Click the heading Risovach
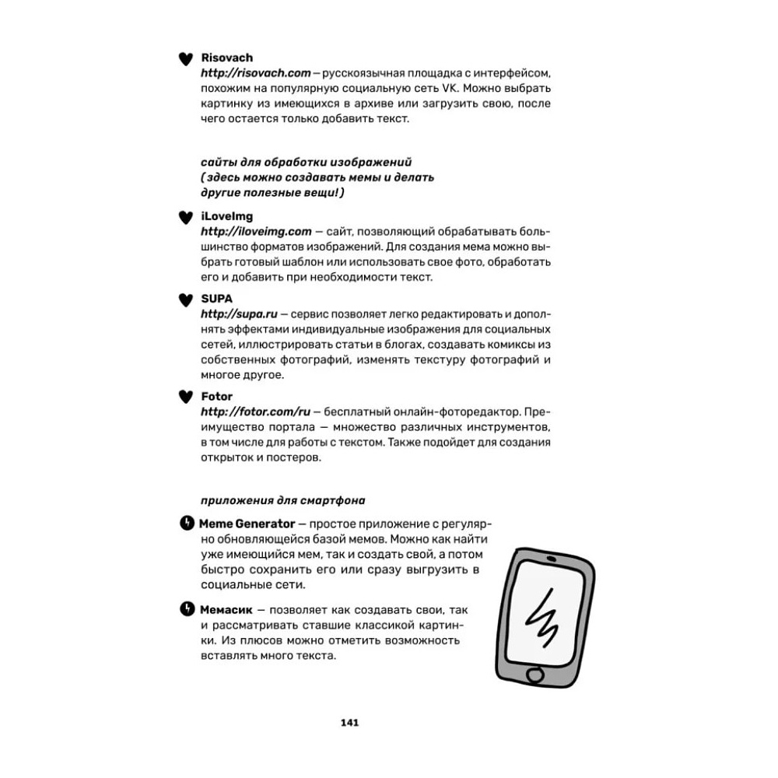pos(226,58)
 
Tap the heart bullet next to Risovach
pos(185,58)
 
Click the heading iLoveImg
pos(226,216)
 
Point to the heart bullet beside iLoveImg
pos(185,217)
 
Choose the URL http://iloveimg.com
pos(255,231)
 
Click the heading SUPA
pos(216,298)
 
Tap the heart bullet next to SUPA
pos(185,299)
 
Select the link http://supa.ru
pos(233,313)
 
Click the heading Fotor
pos(216,396)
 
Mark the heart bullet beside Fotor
pos(185,397)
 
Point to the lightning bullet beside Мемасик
pos(186,608)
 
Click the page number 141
pos(349,722)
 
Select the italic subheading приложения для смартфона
pos(282,499)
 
